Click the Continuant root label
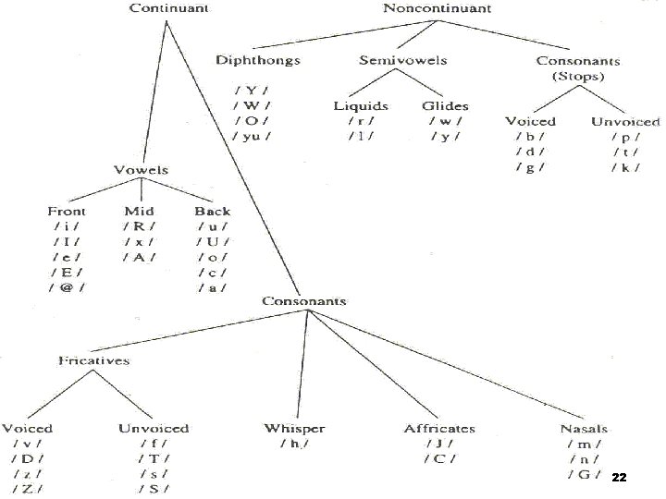pos(168,8)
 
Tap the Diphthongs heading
pos(258,60)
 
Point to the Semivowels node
pos(403,60)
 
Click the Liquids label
pos(361,105)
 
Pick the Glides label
pos(445,105)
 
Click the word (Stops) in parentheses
pos(578,75)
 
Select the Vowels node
pos(141,170)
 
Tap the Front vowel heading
pos(67,211)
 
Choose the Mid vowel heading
pos(139,211)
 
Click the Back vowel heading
pos(213,211)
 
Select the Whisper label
pos(295,428)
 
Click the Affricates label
pos(439,428)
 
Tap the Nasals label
pos(584,428)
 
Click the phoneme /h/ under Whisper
pos(295,444)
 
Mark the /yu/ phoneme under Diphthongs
pos(252,136)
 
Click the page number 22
pos(620,478)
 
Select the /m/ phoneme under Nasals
pos(584,444)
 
